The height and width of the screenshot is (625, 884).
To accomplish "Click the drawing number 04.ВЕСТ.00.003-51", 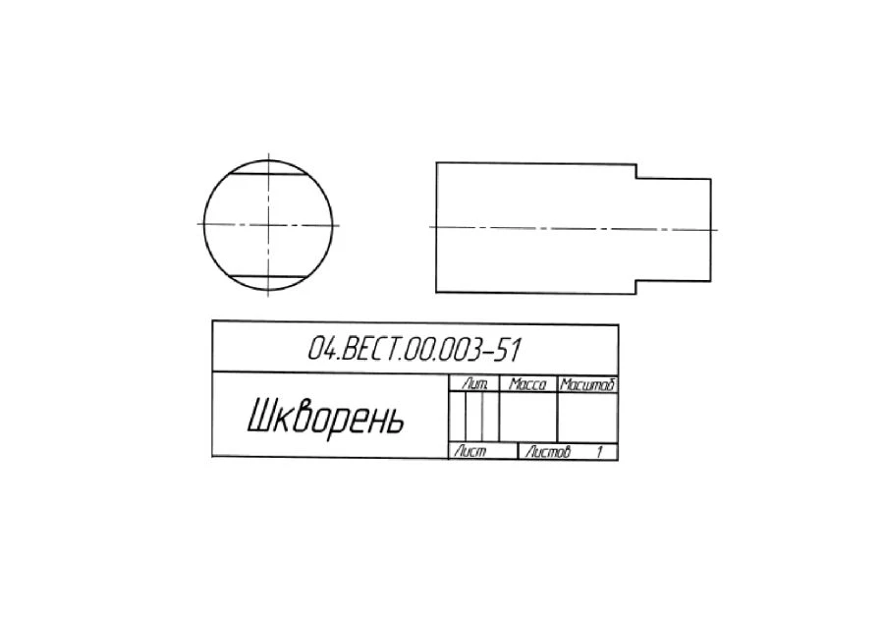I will click(x=414, y=349).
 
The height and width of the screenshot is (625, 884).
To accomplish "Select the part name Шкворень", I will click(x=325, y=418).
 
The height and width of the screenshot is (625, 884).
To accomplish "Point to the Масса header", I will click(x=528, y=384).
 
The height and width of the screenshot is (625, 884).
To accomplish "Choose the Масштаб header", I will click(x=586, y=384).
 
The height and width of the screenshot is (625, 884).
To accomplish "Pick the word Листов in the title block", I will click(x=547, y=452).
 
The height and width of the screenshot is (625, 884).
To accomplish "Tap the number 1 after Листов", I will click(x=599, y=452).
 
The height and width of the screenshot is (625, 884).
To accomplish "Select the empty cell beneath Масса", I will click(x=528, y=419).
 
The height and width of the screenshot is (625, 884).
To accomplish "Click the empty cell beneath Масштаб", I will click(x=586, y=419).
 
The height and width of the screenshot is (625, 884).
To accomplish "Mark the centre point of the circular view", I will click(x=268, y=225).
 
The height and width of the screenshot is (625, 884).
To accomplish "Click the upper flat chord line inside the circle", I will click(x=268, y=175).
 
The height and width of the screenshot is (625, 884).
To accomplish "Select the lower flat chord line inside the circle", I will click(x=268, y=275).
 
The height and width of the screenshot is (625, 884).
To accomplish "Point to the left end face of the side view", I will click(x=436, y=227).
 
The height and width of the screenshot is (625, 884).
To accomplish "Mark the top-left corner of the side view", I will click(x=436, y=162).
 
